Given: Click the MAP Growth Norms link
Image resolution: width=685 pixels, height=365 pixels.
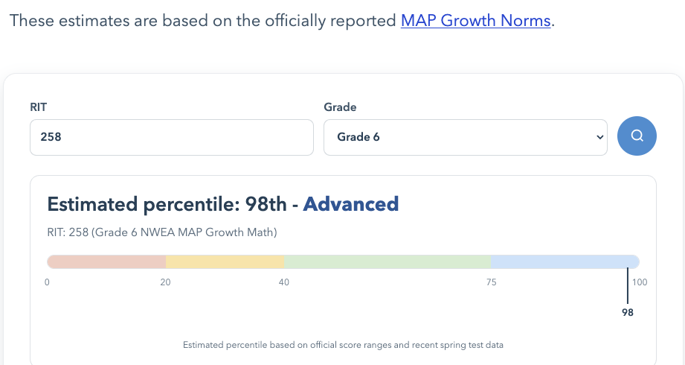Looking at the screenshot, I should coord(475,21).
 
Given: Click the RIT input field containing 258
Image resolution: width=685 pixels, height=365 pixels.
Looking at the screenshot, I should coord(171,138).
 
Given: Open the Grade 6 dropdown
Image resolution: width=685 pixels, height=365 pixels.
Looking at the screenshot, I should coord(465,138).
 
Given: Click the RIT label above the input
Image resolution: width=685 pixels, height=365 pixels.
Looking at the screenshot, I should coord(38,107).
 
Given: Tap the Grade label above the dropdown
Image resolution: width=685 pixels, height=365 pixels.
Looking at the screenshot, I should coord(340,107).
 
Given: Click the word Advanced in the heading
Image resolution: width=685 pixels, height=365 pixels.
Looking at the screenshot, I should coord(351,203).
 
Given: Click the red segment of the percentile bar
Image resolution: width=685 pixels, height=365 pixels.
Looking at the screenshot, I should coord(106,261).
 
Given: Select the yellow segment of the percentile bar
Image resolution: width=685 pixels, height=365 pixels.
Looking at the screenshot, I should coord(225,261).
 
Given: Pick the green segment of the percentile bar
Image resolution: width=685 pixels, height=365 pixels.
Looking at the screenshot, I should coord(387,261).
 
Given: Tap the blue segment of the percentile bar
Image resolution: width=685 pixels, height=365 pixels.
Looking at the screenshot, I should coord(564,261).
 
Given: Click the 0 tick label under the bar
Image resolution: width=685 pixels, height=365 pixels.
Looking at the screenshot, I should coord(47,282).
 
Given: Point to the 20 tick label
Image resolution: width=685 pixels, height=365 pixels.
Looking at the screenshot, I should coord(165,282).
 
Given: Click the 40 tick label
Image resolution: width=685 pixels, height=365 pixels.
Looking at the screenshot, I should coord(284,282).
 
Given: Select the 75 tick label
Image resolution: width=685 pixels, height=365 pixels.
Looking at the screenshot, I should coord(491,282).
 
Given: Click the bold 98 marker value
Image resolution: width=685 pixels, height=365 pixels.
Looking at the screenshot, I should coord(628,313).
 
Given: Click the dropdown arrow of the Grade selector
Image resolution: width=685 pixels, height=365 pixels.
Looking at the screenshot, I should coord(599,138).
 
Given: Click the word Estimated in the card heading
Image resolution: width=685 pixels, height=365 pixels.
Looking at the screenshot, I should coord(94,203).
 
